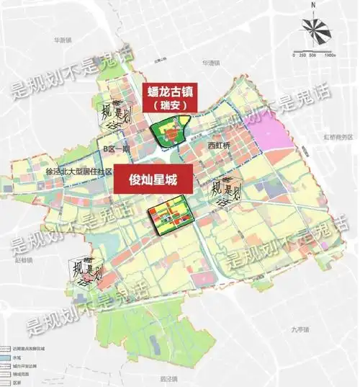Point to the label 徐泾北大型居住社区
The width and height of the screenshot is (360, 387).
pos(79,172)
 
